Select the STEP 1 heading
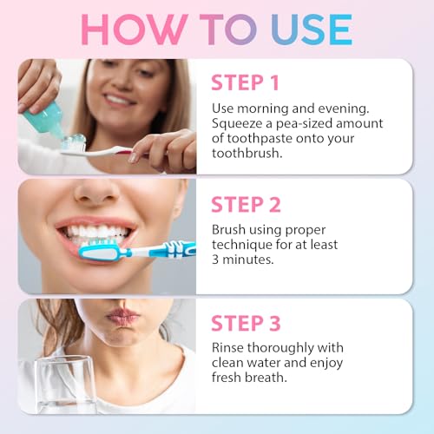(246, 83)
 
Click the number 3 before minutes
(216, 260)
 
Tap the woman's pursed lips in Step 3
(122, 317)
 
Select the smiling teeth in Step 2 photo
(95, 233)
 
